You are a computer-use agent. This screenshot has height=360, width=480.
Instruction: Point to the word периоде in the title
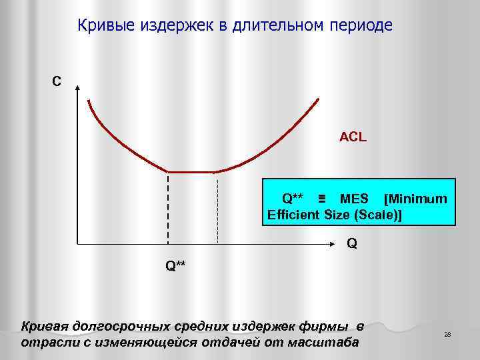pos(360,26)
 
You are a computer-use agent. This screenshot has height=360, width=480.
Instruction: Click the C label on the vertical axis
pos(57,82)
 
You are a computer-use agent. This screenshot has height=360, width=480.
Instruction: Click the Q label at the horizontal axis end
pos(351,244)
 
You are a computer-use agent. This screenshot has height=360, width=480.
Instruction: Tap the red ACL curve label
pos(353,137)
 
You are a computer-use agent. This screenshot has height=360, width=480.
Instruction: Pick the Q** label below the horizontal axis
pos(176,265)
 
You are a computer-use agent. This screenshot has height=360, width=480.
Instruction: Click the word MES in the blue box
pos(354,199)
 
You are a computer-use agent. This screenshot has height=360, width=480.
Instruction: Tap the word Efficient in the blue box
pos(294,214)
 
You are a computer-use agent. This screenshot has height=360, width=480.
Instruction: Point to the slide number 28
pos(447,334)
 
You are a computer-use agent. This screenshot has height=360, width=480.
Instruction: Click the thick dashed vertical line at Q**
pos(167,207)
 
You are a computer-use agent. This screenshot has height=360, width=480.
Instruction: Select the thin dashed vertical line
pos(217,207)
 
